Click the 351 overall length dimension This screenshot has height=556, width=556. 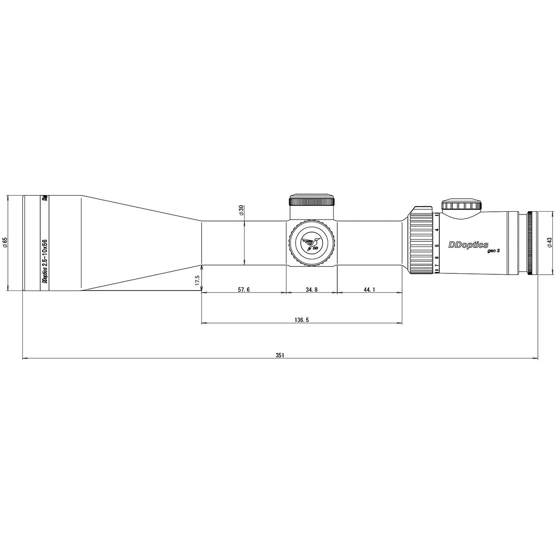[x=279, y=355]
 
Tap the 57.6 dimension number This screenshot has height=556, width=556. [x=244, y=303]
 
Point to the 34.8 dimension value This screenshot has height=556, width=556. [x=312, y=303]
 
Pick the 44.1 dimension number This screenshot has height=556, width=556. [x=369, y=303]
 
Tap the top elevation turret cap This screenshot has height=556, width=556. [x=311, y=200]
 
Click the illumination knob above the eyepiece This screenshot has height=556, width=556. [x=461, y=206]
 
